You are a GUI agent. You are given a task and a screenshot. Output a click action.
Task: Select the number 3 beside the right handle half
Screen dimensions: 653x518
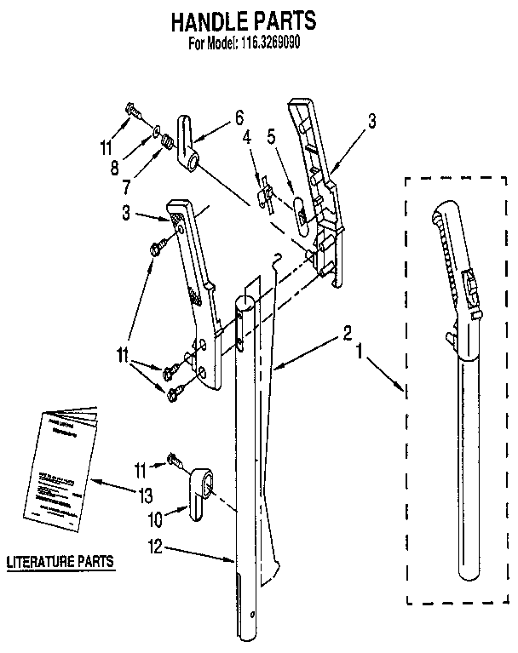click(x=371, y=122)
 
